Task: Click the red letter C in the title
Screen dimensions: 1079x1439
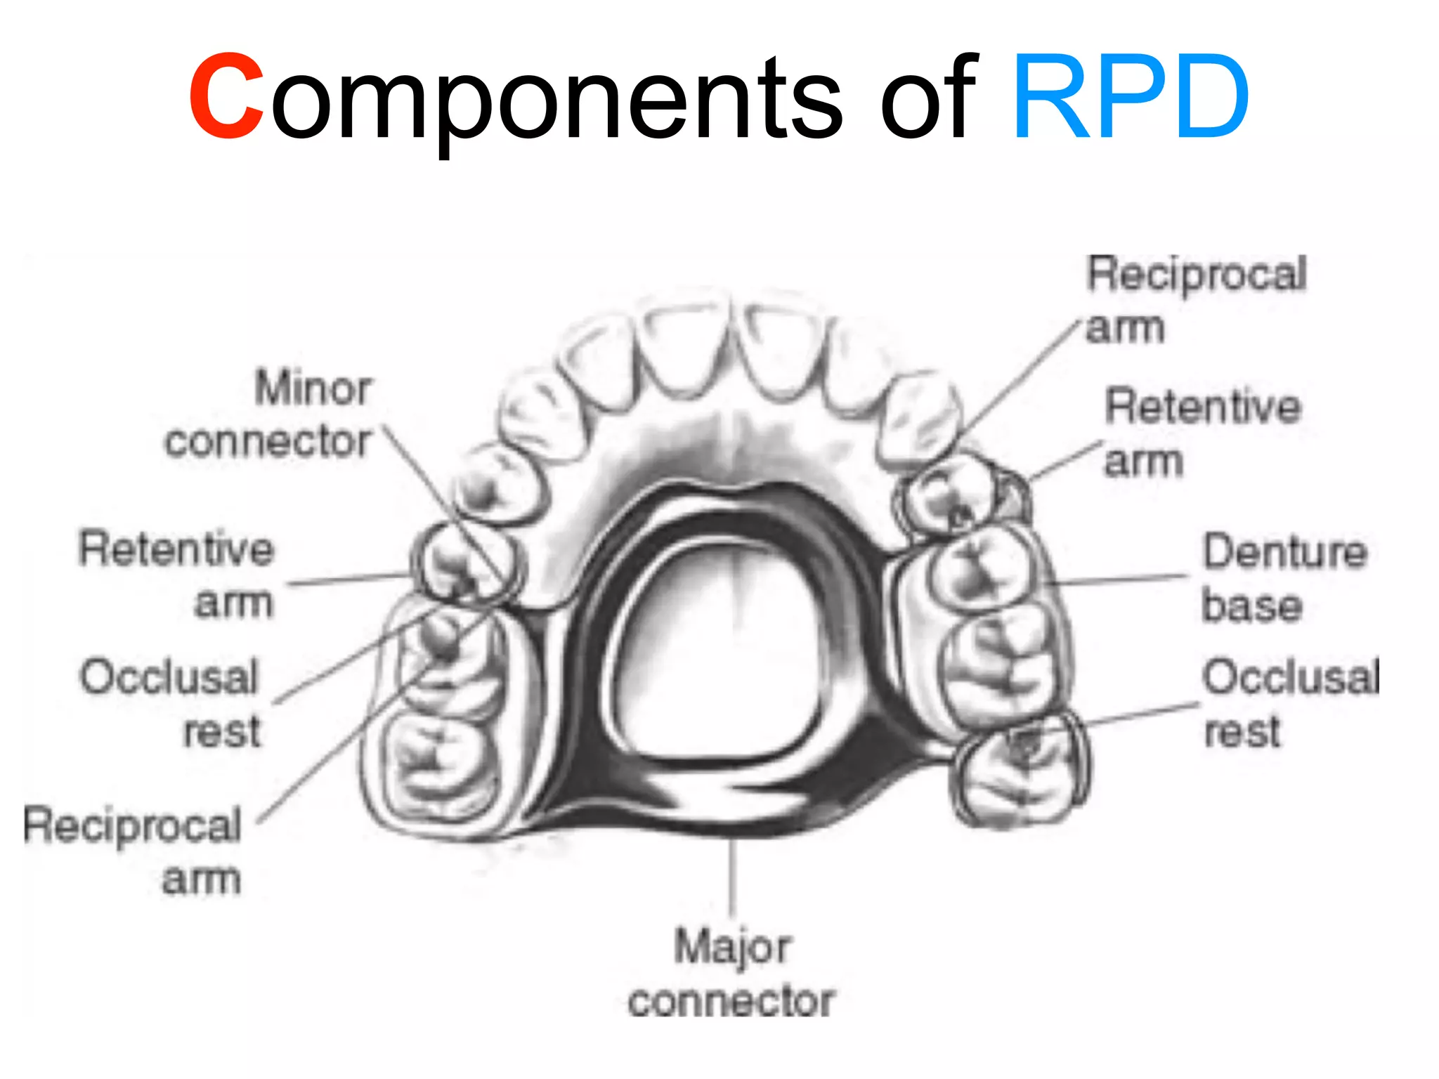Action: point(226,96)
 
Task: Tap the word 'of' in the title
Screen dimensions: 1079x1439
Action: point(928,96)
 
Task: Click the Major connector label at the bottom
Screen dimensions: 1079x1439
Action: point(731,974)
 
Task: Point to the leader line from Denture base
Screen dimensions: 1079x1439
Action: point(1117,580)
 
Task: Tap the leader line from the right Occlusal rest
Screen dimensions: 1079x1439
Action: point(1138,714)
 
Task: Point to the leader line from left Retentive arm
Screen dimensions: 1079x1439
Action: point(348,580)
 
